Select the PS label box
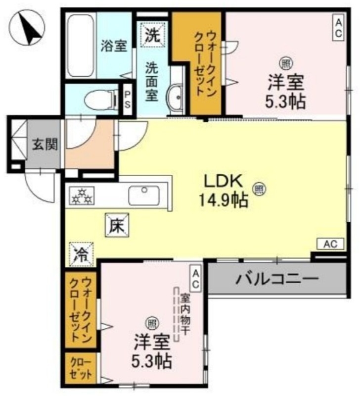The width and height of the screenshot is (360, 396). (x=127, y=100)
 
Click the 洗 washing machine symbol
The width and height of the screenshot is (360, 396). (x=152, y=35)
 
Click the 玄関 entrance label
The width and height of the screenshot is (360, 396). (x=45, y=145)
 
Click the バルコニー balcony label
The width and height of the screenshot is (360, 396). (x=276, y=280)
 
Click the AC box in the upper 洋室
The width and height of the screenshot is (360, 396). (x=338, y=27)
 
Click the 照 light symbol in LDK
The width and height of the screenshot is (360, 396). (x=258, y=188)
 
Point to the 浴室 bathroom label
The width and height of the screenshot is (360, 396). (x=114, y=46)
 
